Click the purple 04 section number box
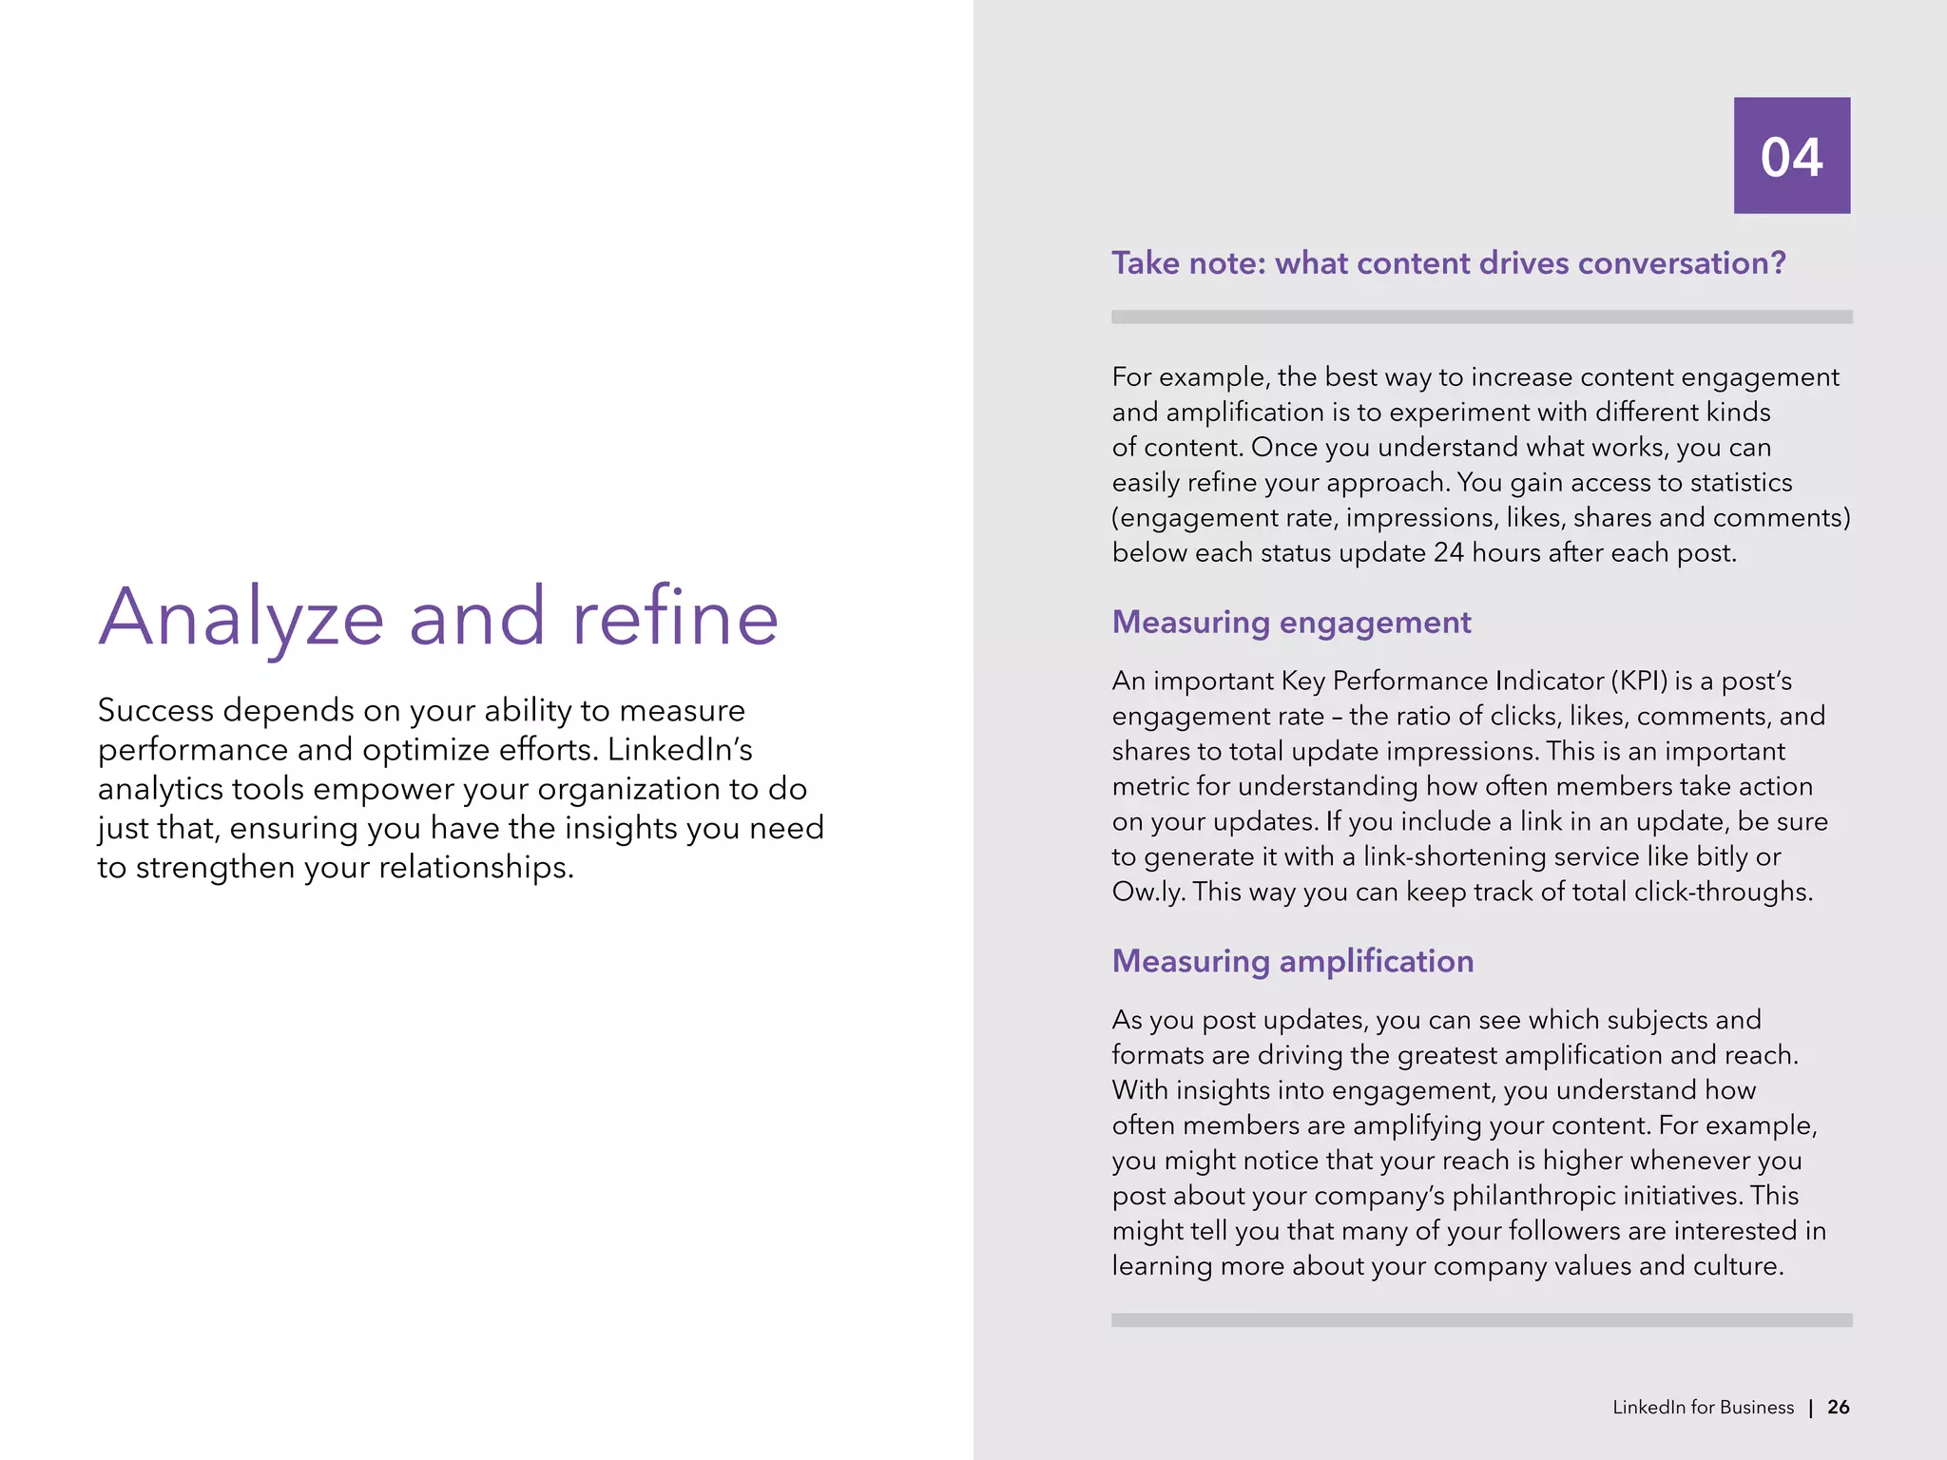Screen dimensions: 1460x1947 (x=1791, y=155)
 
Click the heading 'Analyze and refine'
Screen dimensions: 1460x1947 (x=438, y=618)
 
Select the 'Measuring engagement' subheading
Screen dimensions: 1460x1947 (x=1291, y=622)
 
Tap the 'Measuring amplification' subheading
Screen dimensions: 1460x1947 (x=1292, y=961)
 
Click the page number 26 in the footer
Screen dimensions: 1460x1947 (x=1838, y=1407)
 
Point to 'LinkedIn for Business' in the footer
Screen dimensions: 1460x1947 (x=1703, y=1407)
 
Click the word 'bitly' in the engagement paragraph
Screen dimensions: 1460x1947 (x=1722, y=856)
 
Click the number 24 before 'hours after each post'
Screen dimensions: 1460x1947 (x=1448, y=552)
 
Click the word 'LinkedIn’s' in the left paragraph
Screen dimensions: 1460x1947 (x=680, y=750)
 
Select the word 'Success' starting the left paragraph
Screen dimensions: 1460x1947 (x=155, y=710)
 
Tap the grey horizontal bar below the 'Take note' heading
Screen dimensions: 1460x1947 (x=1481, y=317)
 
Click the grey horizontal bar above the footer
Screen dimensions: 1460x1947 (x=1481, y=1319)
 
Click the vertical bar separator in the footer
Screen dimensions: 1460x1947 (x=1811, y=1408)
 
